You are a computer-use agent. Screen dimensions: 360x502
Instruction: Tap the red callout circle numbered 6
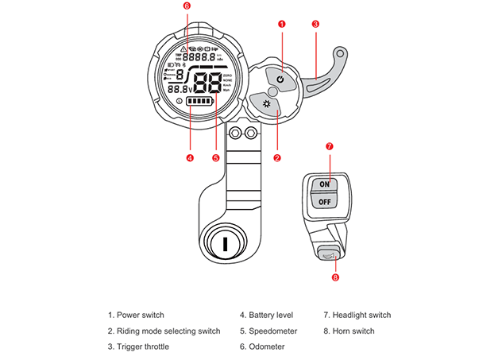pyautogui.click(x=187, y=6)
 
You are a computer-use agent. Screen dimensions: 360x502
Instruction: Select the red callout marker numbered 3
pyautogui.click(x=315, y=25)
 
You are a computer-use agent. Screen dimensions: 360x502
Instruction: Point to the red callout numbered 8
pyautogui.click(x=334, y=277)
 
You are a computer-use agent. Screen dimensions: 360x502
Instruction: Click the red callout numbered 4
pyautogui.click(x=190, y=157)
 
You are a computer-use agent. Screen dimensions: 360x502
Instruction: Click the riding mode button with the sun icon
pyautogui.click(x=266, y=105)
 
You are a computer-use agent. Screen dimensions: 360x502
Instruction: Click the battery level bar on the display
pyautogui.click(x=200, y=103)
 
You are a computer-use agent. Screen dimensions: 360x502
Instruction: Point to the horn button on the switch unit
pyautogui.click(x=329, y=254)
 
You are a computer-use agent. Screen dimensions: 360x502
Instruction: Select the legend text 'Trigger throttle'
pyautogui.click(x=142, y=346)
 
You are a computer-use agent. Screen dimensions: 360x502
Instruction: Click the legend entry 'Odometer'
pyautogui.click(x=262, y=346)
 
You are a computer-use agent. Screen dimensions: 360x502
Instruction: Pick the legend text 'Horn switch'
pyautogui.click(x=349, y=331)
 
